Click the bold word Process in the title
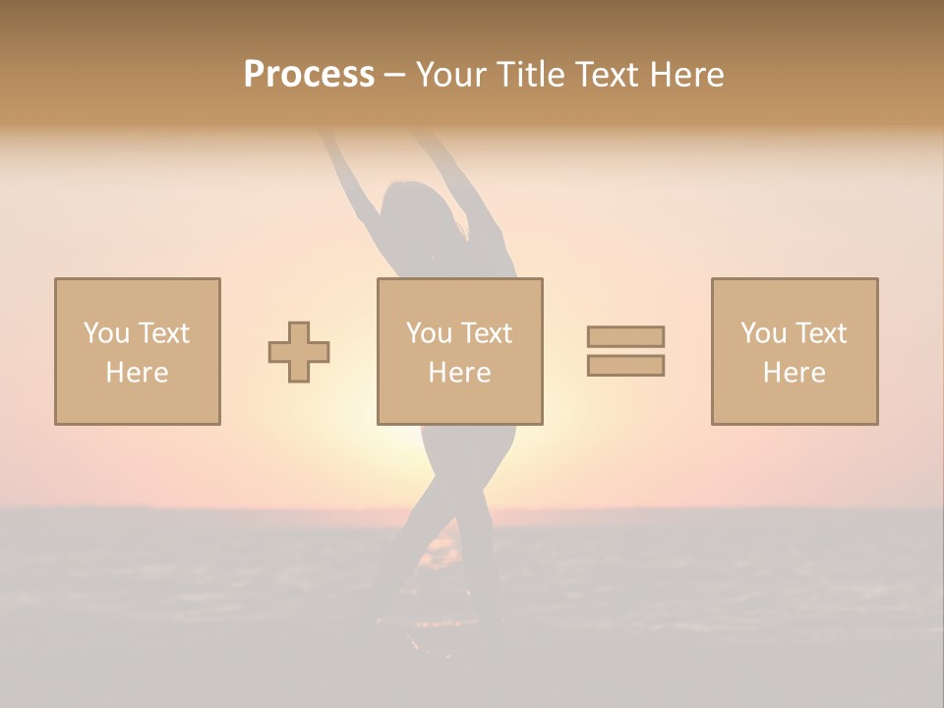coord(309,75)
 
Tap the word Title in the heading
coord(532,75)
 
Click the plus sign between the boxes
coord(299,351)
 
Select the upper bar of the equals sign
coord(625,336)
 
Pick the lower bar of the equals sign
coord(625,366)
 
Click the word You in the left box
coord(106,333)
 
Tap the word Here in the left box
coord(137,373)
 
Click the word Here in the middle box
coord(459,373)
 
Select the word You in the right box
coord(763,333)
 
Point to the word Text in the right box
coord(819,333)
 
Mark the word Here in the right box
coord(794,373)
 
